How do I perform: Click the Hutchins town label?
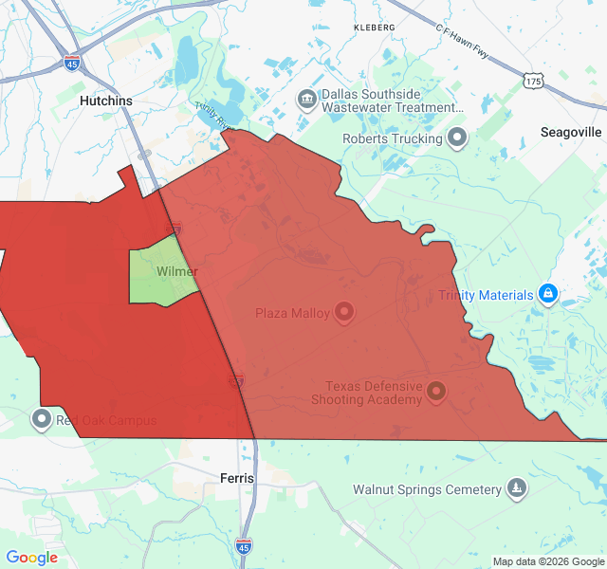105,101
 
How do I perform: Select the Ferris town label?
236,478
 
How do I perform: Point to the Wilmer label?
177,272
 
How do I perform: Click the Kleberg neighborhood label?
374,28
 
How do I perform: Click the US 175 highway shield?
533,83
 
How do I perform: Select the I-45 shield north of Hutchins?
73,63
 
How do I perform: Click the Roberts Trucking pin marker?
457,138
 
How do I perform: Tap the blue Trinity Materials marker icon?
547,295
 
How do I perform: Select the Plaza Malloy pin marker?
344,312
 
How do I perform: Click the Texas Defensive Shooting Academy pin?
436,390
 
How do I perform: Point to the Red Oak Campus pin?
41,418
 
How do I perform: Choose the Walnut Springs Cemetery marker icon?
516,488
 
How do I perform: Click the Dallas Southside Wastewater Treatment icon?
306,99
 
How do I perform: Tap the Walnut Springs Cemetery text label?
427,490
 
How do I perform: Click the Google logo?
31,558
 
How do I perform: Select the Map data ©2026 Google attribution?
548,561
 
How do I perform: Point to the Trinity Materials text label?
486,295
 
